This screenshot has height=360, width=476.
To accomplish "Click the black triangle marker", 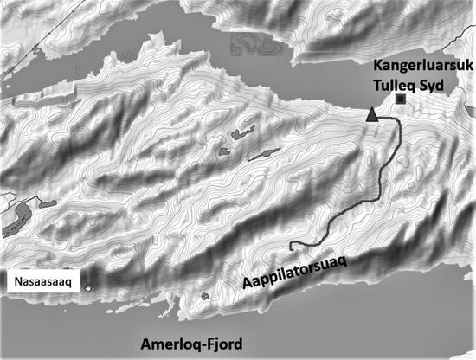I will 372,114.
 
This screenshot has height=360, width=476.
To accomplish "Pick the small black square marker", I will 400,100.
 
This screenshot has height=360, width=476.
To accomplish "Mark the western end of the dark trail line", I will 291,243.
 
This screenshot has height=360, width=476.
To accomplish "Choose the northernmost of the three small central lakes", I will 235,135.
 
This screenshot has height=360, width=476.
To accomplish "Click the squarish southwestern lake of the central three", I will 224,153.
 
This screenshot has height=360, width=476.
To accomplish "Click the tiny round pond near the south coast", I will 204,297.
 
